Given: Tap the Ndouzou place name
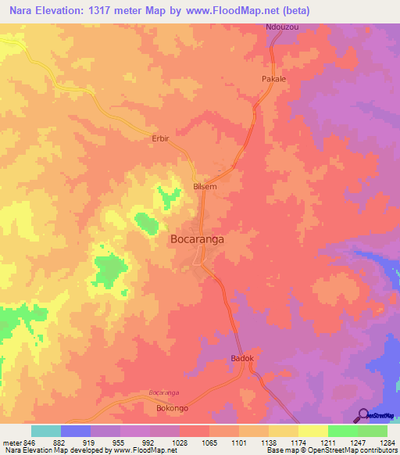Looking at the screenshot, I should pyautogui.click(x=282, y=27).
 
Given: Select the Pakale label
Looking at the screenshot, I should pyautogui.click(x=273, y=80).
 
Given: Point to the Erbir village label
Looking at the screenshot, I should pyautogui.click(x=160, y=138).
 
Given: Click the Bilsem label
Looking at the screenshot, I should pyautogui.click(x=205, y=187).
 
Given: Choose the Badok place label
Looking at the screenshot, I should pyautogui.click(x=242, y=358).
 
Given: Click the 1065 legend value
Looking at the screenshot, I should pyautogui.click(x=209, y=442).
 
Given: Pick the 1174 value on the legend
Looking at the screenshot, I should pyautogui.click(x=298, y=442).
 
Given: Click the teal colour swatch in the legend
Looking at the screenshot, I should pyautogui.click(x=46, y=431).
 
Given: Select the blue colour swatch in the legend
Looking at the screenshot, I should pyautogui.click(x=76, y=431).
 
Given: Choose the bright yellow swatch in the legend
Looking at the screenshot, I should pyautogui.click(x=313, y=431).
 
